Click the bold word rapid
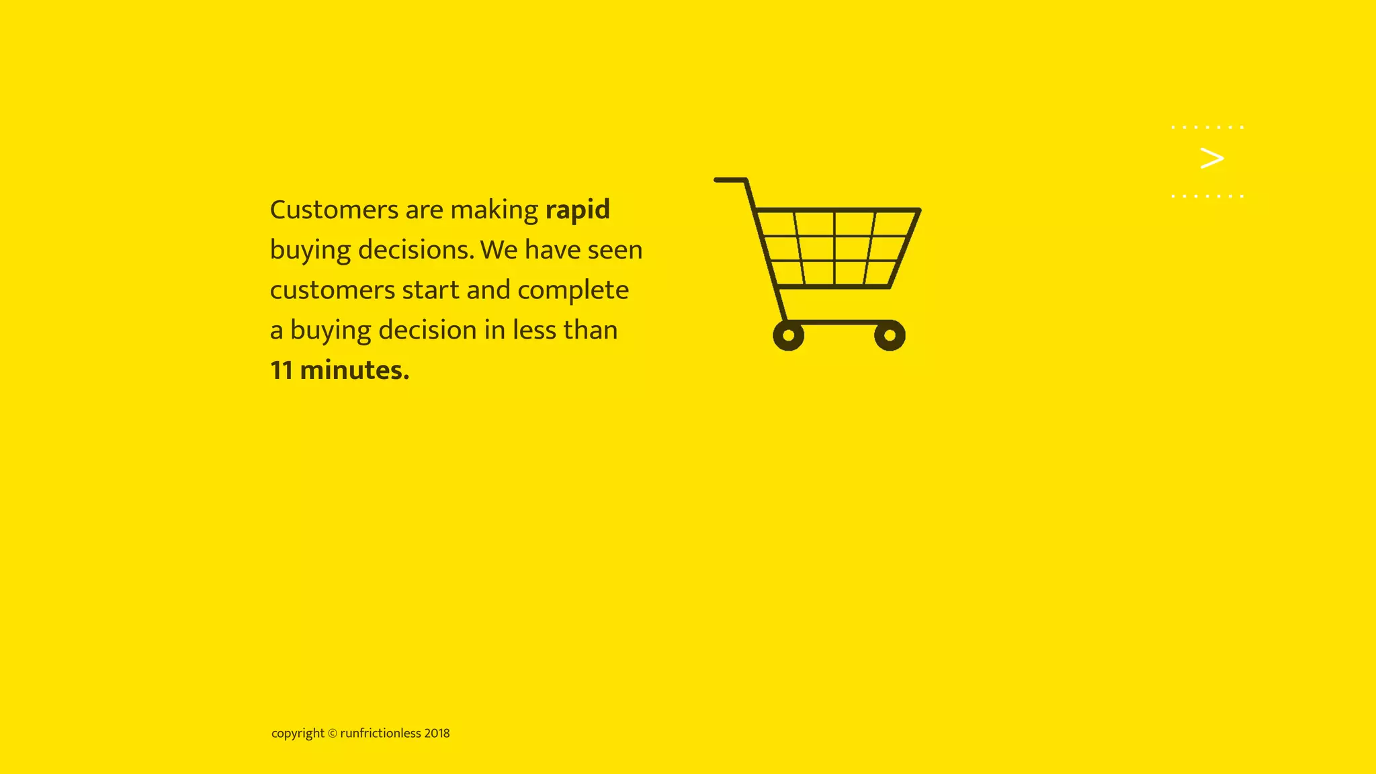[x=577, y=210]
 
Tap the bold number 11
[x=281, y=370]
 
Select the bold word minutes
[x=354, y=370]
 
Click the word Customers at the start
[x=334, y=210]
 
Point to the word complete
[x=573, y=290]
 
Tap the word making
[x=494, y=210]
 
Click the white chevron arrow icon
[x=1211, y=159]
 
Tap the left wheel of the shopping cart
[x=788, y=335]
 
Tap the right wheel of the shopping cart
[x=890, y=335]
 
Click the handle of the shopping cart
[x=730, y=180]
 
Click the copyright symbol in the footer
[x=332, y=734]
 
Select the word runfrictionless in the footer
[x=380, y=733]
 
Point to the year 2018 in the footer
[x=437, y=733]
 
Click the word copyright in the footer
[x=298, y=734]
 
